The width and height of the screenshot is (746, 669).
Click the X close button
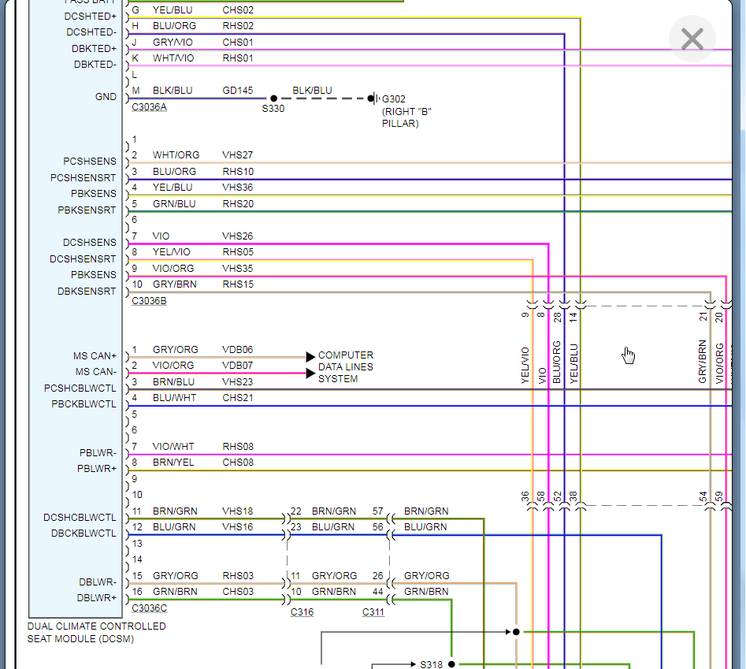point(692,39)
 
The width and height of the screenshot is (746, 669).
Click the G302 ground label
point(394,99)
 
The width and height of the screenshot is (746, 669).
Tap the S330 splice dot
point(273,98)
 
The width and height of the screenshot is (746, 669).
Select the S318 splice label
point(432,664)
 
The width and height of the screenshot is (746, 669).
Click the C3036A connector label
point(149,107)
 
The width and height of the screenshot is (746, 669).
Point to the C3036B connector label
point(149,301)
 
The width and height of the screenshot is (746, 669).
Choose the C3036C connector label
point(149,608)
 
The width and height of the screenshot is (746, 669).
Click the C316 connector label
point(302,612)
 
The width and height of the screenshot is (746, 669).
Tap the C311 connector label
point(373,612)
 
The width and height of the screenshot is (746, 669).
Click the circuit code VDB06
point(238,350)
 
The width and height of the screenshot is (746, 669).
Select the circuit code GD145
point(238,91)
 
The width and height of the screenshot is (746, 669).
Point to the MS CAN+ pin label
point(95,356)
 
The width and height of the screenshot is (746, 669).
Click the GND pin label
point(106,97)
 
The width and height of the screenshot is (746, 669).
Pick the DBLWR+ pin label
point(97,598)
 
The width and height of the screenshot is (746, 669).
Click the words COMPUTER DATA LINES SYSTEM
point(346,367)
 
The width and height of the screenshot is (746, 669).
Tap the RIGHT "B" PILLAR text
point(406,117)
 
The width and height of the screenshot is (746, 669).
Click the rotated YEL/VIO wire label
point(525,366)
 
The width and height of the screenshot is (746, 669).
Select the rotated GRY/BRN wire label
point(703,362)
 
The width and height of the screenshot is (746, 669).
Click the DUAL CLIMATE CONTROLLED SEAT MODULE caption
point(97,632)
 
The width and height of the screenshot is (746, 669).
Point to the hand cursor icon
point(628,355)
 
